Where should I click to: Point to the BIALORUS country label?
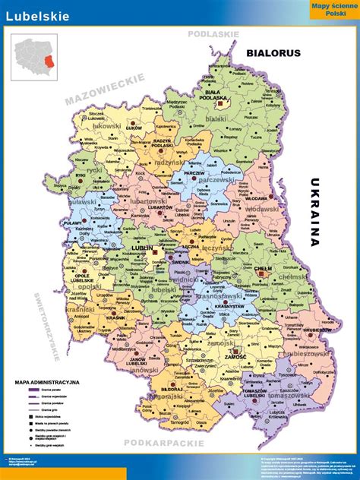pyautogui.click(x=274, y=53)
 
